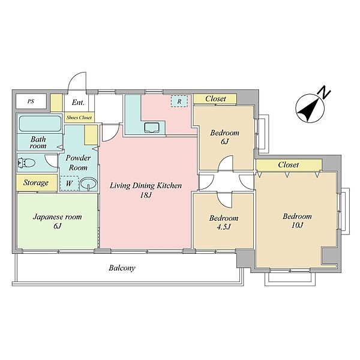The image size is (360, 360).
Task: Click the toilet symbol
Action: point(26,163)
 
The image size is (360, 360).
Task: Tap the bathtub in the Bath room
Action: point(40,124)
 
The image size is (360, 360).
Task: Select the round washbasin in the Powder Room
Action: point(89,184)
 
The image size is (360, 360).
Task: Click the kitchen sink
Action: point(152,128)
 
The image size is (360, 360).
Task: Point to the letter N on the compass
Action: point(324,92)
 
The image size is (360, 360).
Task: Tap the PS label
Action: point(31,101)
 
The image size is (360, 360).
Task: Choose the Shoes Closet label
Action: point(79,118)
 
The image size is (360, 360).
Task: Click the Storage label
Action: point(36,183)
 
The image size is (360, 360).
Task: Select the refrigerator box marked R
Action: point(179,101)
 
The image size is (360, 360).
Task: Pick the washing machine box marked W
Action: point(69,183)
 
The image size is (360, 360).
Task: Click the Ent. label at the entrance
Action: point(78,103)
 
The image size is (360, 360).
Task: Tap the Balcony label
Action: point(122,268)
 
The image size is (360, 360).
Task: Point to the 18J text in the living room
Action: point(146,196)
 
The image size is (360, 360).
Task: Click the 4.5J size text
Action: point(224,227)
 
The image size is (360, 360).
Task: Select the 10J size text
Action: point(298,225)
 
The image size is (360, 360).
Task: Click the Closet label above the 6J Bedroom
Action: point(215,99)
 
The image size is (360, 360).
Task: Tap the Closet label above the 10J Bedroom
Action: point(288,164)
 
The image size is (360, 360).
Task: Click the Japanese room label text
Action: point(57,217)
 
